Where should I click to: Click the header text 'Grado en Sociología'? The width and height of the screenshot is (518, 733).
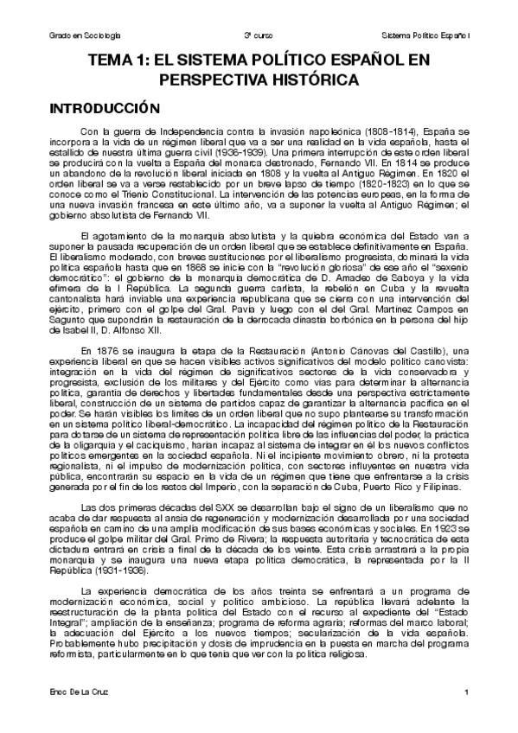click(x=83, y=35)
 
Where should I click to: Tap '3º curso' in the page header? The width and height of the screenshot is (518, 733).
click(x=259, y=35)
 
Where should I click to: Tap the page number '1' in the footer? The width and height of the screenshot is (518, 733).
click(x=465, y=694)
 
